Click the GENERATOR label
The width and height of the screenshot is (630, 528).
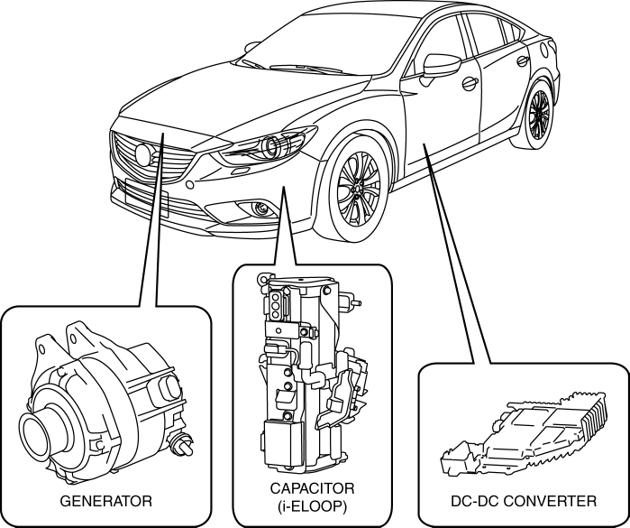pos(105,499)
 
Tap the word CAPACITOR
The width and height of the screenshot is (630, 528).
pos(312,489)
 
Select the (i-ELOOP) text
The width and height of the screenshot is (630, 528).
pos(312,506)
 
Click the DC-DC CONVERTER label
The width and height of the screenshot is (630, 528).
pos(523,499)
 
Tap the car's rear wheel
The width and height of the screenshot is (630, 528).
pos(538,114)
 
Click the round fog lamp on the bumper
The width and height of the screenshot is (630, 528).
pos(261,209)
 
